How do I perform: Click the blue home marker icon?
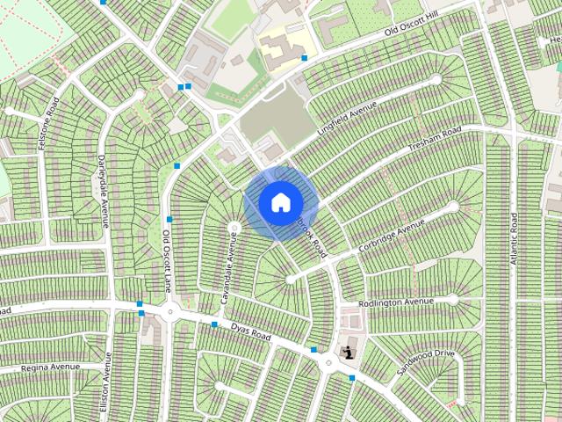click(x=280, y=202)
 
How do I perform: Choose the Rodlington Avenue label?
click(x=396, y=303)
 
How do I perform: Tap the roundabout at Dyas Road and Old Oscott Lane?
click(x=169, y=312)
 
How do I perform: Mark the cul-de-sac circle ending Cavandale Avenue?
click(x=234, y=228)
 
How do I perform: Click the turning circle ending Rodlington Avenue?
click(x=452, y=300)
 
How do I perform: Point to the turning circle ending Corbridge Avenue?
click(x=453, y=207)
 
